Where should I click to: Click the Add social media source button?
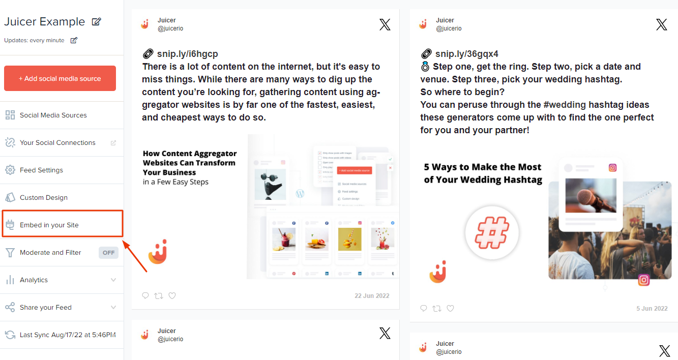pos(60,78)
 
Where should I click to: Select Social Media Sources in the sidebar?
pos(53,115)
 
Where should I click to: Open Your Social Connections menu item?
pos(57,143)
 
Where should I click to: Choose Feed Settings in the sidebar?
pos(41,170)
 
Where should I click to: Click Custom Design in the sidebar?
pos(43,198)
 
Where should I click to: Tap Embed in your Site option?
pos(49,225)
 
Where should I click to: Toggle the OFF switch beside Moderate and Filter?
pos(108,253)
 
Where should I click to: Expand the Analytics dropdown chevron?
pos(113,280)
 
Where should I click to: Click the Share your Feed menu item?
pos(45,308)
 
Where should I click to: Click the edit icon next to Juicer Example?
pos(96,22)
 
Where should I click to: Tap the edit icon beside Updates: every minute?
pos(74,40)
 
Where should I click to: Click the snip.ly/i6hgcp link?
pos(187,54)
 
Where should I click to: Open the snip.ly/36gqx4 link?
pos(466,54)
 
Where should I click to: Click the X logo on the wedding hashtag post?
pos(661,24)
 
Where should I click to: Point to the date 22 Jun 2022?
pos(372,296)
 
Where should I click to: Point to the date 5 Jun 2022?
pos(652,309)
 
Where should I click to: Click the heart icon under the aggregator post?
pos(172,295)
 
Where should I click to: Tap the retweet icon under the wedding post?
pos(437,308)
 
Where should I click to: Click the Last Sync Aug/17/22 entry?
pos(67,335)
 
